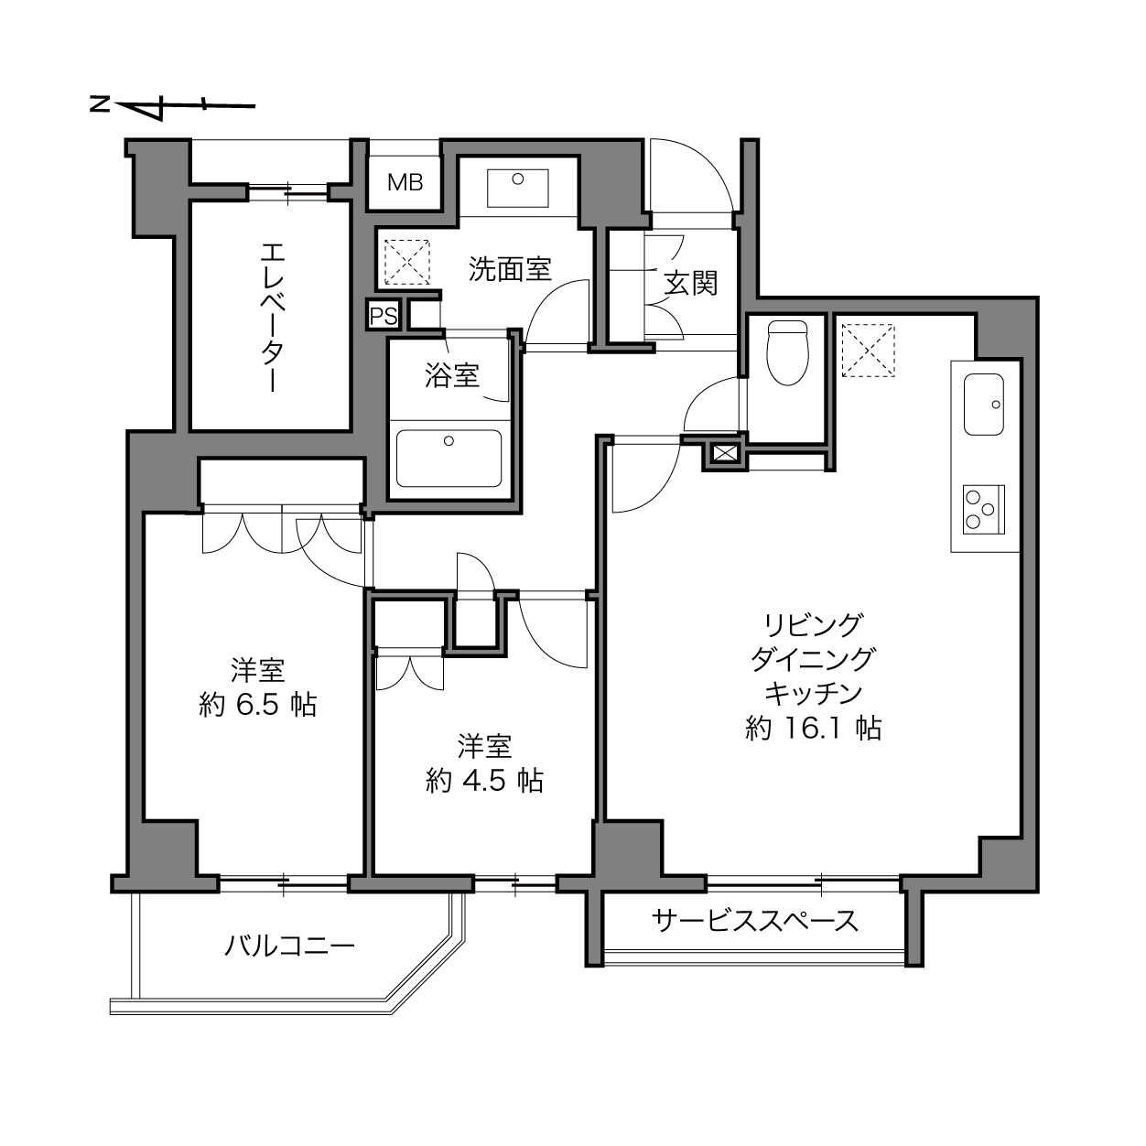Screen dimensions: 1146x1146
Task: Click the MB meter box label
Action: pos(405,182)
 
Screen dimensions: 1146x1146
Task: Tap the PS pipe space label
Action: pos(384,316)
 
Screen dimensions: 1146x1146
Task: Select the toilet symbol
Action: pos(788,352)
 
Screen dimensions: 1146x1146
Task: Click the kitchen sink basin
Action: pos(984,405)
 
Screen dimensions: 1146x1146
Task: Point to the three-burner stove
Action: pos(984,510)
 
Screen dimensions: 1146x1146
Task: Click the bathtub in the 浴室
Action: pos(449,458)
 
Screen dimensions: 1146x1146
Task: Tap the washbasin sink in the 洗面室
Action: pos(517,188)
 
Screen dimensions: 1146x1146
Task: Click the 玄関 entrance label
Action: pos(690,283)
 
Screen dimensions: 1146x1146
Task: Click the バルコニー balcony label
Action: pos(289,945)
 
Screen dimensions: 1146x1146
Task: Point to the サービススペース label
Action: pos(754,921)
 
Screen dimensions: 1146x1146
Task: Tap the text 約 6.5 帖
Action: pos(257,706)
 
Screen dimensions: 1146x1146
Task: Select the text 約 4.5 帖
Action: pos(484,781)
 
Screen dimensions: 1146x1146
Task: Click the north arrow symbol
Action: pos(172,107)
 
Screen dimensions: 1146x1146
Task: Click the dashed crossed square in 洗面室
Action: pos(406,262)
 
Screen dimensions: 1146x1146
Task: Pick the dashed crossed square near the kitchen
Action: pos(869,350)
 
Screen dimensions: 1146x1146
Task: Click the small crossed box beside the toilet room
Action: pos(724,454)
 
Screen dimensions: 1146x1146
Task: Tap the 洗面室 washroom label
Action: pos(510,269)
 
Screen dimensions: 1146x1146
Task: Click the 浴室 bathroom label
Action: pos(452,375)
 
